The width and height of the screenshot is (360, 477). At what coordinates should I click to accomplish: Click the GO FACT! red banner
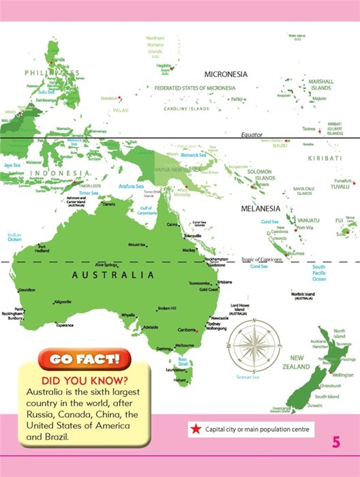click(83, 358)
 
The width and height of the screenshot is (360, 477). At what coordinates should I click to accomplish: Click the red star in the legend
click(196, 429)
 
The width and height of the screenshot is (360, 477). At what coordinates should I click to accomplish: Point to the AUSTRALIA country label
click(113, 276)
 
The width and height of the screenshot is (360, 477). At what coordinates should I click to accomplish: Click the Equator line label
click(252, 135)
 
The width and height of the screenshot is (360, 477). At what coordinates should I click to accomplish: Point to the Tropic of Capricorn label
click(261, 260)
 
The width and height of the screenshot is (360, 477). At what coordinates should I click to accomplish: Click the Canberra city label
click(187, 330)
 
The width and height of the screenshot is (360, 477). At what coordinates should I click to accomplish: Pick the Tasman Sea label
click(247, 375)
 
